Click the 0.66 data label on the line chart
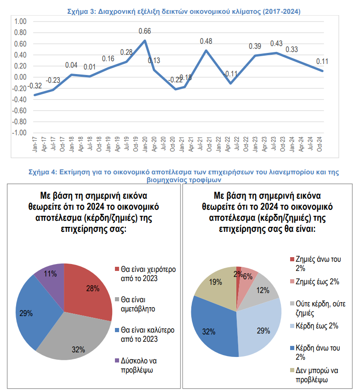click(x=145, y=32)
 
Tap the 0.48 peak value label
click(x=206, y=41)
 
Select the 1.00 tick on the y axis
click(x=20, y=22)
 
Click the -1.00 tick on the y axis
click(x=19, y=133)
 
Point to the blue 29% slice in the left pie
click(x=32, y=313)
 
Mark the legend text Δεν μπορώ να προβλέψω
click(x=317, y=375)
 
